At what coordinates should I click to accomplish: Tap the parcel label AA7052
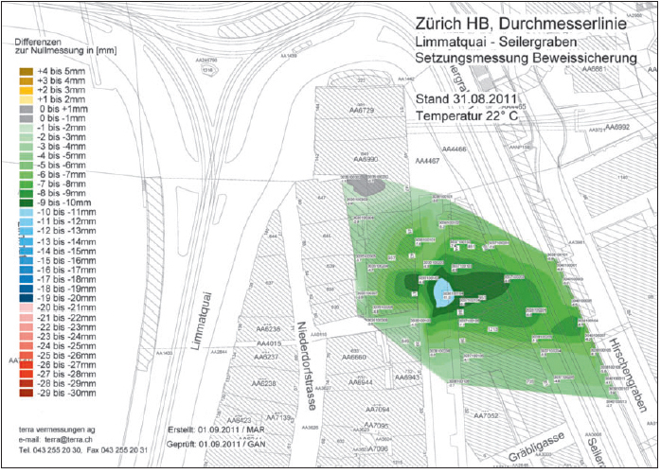486,415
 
